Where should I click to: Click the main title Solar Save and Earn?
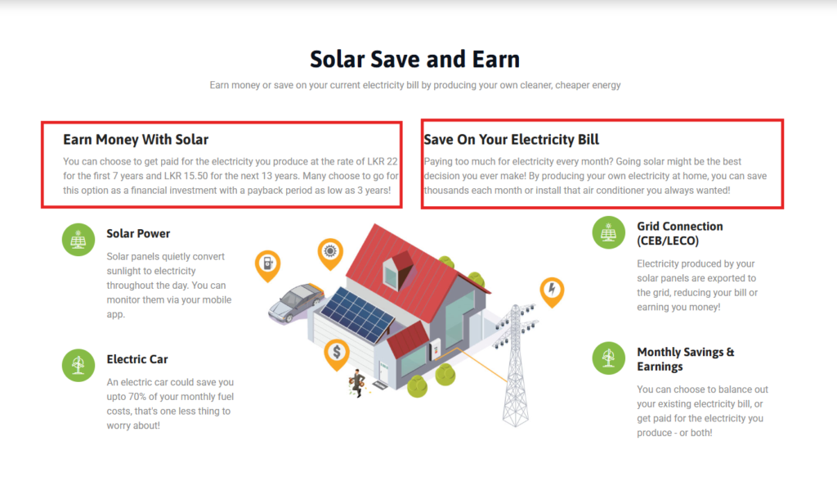click(414, 59)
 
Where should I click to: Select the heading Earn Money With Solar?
click(136, 139)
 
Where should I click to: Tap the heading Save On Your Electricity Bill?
click(512, 139)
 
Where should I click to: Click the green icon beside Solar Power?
click(78, 239)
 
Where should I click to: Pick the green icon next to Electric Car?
click(78, 365)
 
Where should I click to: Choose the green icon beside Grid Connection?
click(608, 232)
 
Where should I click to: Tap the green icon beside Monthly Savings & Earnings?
click(608, 358)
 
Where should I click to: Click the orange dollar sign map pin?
click(337, 354)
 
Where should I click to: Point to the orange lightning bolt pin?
click(552, 291)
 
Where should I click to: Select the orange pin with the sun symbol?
click(330, 253)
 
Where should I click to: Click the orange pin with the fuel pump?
click(268, 265)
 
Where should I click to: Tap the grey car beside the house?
click(296, 303)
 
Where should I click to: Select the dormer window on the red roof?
click(398, 271)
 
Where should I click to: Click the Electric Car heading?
click(137, 359)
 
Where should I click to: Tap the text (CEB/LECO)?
click(668, 241)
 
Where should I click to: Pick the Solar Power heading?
click(138, 234)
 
